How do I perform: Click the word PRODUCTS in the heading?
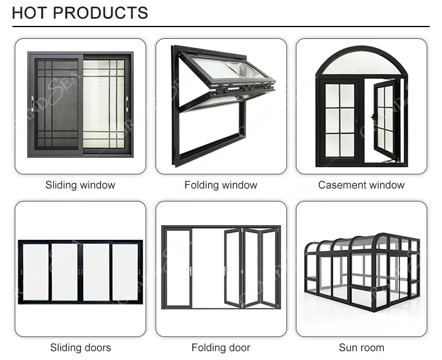tap(103, 12)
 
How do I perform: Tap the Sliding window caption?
tap(80, 185)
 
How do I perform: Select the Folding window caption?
tap(221, 185)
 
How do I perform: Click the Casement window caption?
tap(361, 185)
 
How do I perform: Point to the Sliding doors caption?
tap(80, 348)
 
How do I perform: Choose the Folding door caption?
tap(221, 348)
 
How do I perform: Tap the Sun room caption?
tap(361, 348)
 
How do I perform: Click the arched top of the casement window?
tap(361, 62)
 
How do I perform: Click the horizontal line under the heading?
tap(221, 27)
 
